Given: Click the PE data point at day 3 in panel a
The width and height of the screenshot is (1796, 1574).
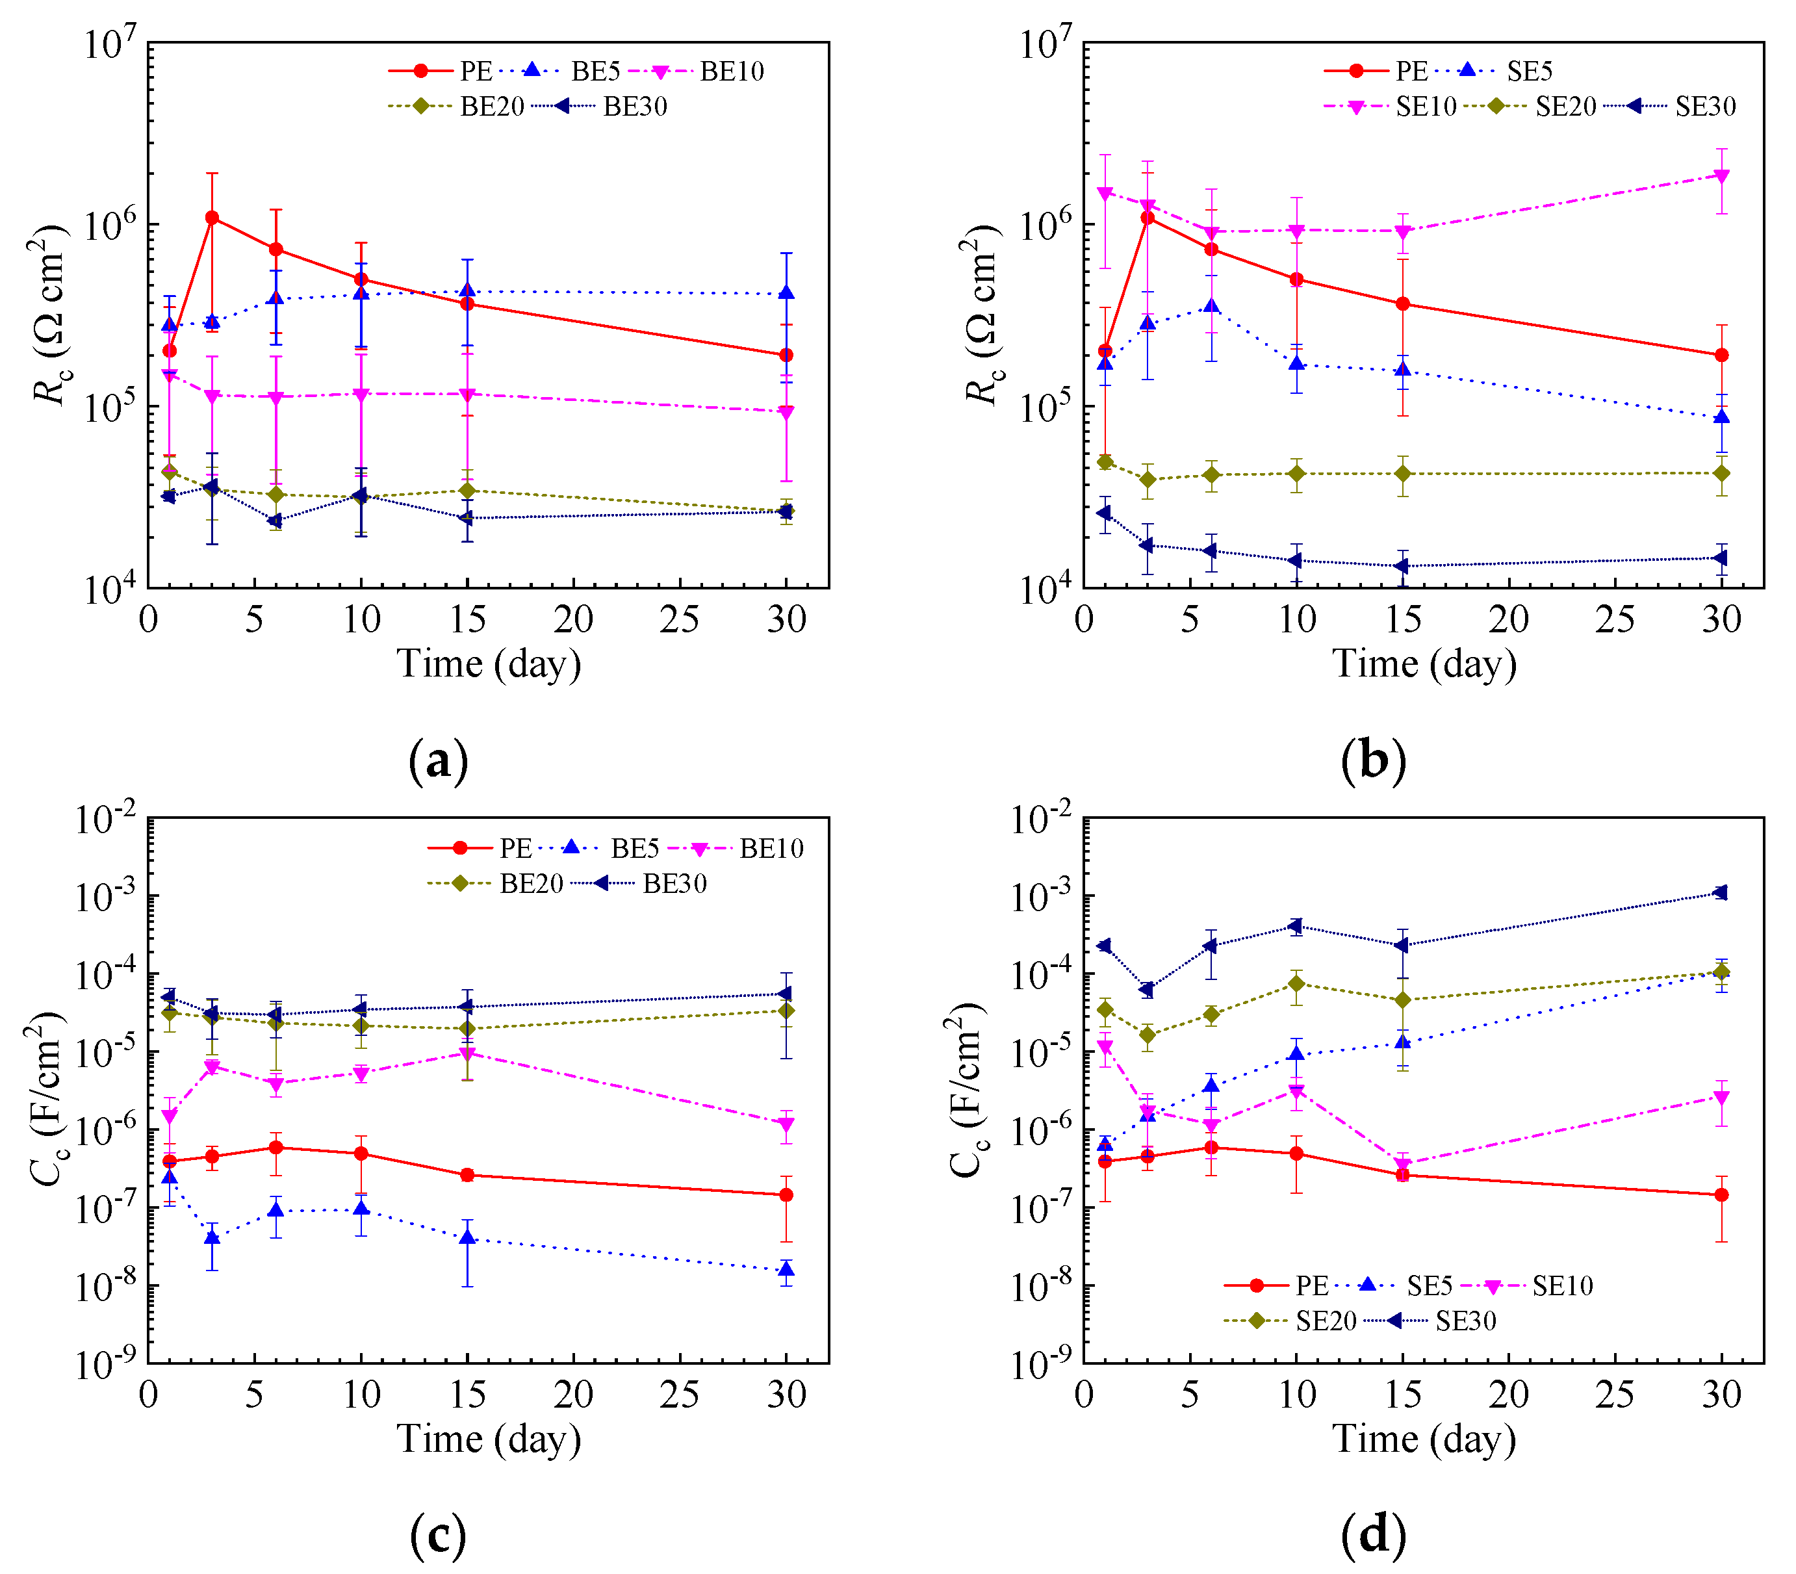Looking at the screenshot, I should click(x=212, y=217).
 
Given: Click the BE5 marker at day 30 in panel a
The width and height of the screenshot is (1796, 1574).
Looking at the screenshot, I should click(x=786, y=292).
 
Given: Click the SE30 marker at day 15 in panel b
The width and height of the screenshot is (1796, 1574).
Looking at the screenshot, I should click(x=1402, y=565).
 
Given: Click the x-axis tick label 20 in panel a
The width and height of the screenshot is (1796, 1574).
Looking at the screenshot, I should click(x=574, y=619).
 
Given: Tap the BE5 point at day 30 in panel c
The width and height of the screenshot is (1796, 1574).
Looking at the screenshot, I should click(x=786, y=1269).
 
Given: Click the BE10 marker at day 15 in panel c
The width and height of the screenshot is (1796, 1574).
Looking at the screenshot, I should click(x=467, y=1054).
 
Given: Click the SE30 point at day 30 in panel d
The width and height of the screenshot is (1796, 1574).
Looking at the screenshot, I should click(x=1721, y=892).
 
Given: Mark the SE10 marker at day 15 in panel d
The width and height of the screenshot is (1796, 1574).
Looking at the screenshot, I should click(x=1402, y=1166).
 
